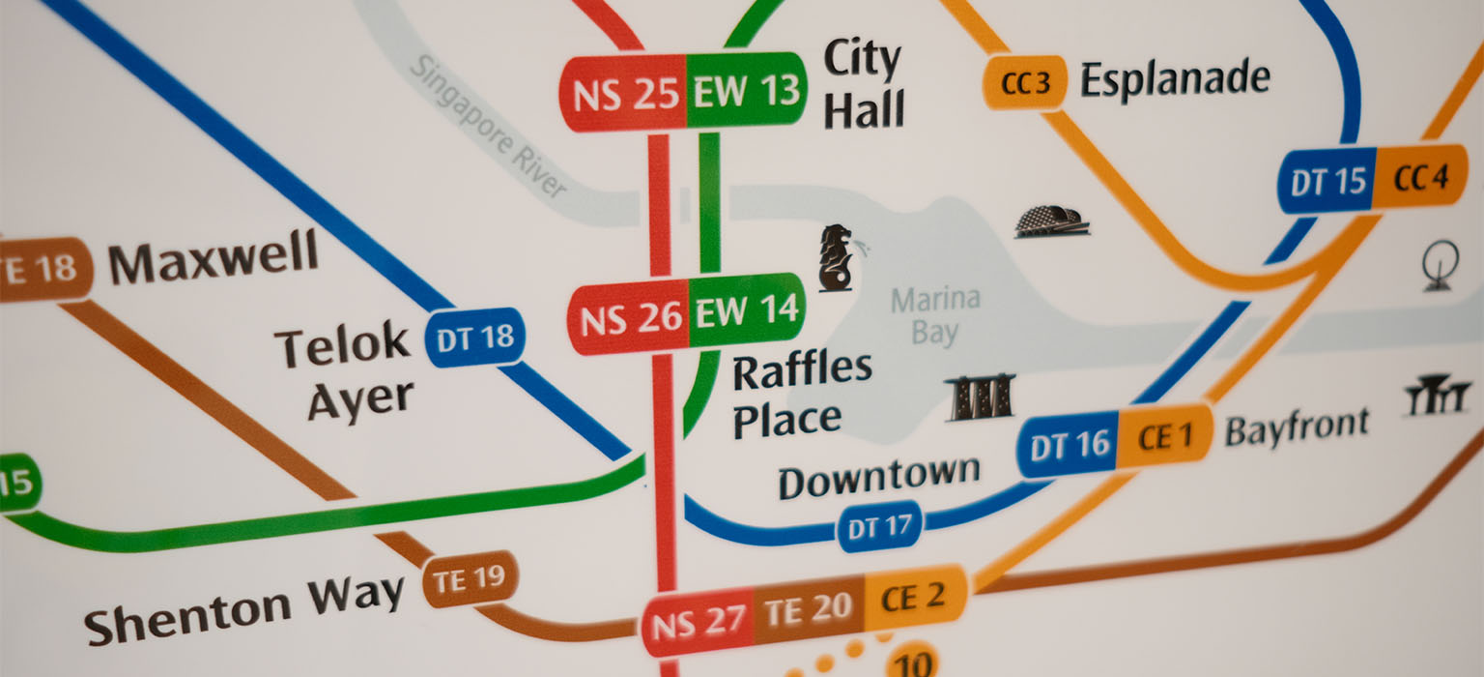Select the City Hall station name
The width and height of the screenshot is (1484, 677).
863,85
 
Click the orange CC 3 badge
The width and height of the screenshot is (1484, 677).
1025,83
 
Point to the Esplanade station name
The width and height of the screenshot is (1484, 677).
1174,78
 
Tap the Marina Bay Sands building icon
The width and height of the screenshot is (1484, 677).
980,398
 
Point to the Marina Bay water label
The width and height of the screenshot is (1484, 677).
934,316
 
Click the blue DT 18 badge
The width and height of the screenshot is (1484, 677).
475,338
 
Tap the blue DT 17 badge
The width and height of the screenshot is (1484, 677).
879,528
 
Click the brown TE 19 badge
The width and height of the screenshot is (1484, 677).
470,580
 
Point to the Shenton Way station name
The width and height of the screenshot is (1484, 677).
243,605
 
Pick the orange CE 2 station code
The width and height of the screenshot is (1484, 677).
912,599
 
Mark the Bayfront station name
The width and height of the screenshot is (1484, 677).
1297,427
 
